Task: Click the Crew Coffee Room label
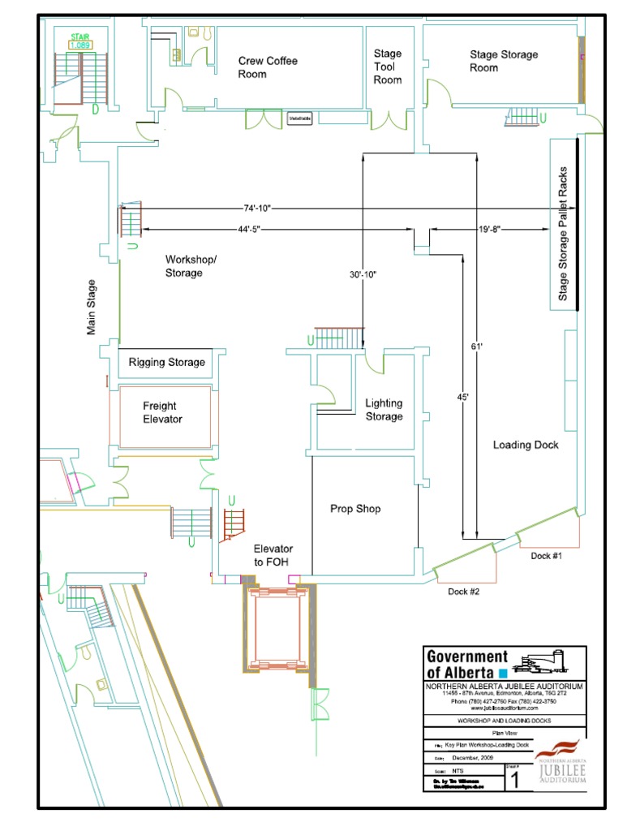pyautogui.click(x=268, y=67)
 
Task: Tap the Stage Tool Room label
pyautogui.click(x=388, y=67)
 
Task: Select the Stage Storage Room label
pyautogui.click(x=504, y=61)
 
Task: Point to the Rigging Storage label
pyautogui.click(x=167, y=362)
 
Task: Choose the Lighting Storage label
pyautogui.click(x=384, y=410)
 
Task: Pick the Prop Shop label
pyautogui.click(x=355, y=509)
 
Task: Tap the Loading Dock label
pyautogui.click(x=526, y=445)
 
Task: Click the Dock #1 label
pyautogui.click(x=547, y=556)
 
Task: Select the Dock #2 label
pyautogui.click(x=464, y=592)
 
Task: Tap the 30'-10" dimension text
pyautogui.click(x=363, y=275)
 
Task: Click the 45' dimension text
pyautogui.click(x=462, y=398)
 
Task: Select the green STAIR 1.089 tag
pyautogui.click(x=79, y=41)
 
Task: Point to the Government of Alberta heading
pyautogui.click(x=467, y=665)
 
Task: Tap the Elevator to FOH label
pyautogui.click(x=273, y=555)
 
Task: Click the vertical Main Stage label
pyautogui.click(x=92, y=308)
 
